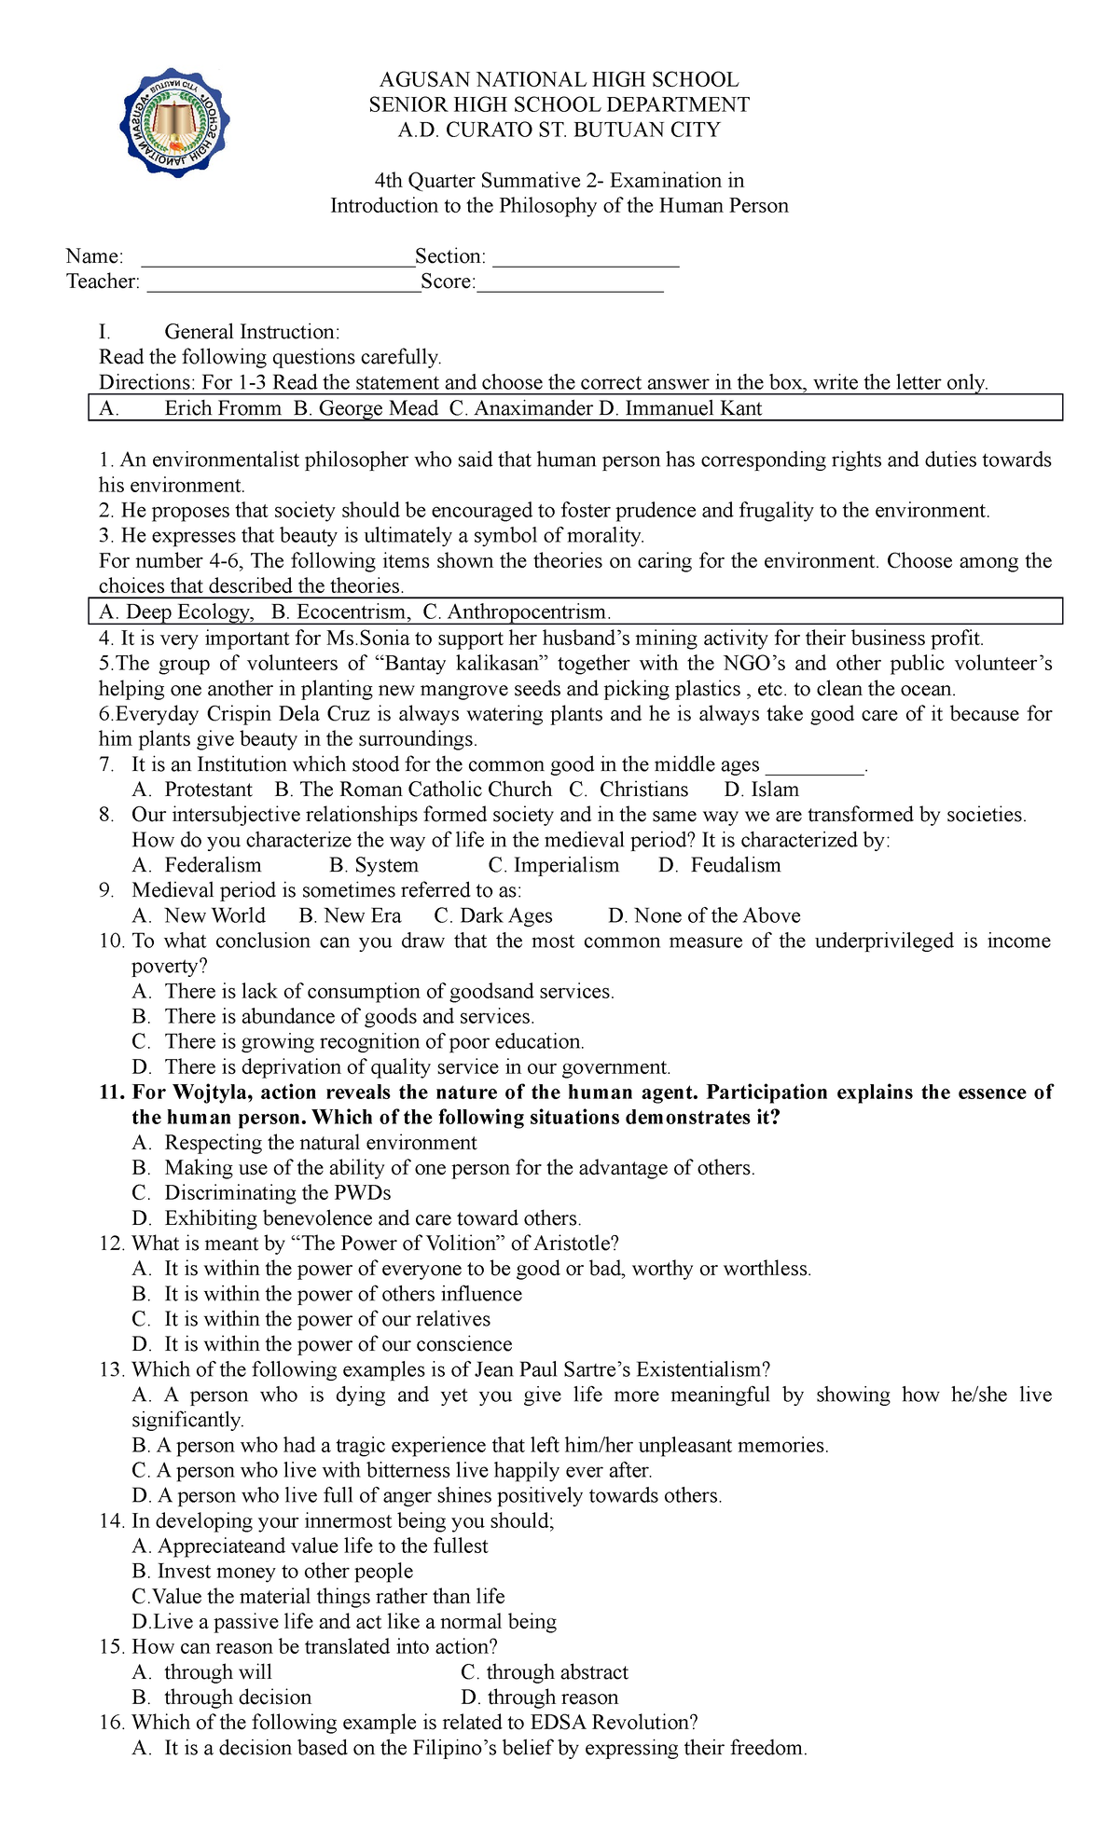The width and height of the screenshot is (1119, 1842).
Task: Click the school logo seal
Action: click(x=174, y=122)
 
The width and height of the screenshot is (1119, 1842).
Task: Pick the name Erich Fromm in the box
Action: click(x=223, y=408)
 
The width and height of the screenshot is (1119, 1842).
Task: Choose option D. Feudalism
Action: click(x=719, y=865)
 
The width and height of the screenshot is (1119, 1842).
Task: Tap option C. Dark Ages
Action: click(x=493, y=915)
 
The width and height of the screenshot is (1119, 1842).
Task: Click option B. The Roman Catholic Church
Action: click(x=413, y=790)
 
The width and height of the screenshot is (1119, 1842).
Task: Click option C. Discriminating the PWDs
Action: click(x=261, y=1193)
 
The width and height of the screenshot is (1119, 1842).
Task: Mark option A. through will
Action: click(x=202, y=1672)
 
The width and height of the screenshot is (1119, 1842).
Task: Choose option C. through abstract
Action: click(x=545, y=1672)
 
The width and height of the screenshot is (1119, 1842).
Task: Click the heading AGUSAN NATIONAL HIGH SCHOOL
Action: click(x=559, y=80)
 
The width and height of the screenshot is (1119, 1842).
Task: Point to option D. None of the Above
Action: click(x=704, y=915)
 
